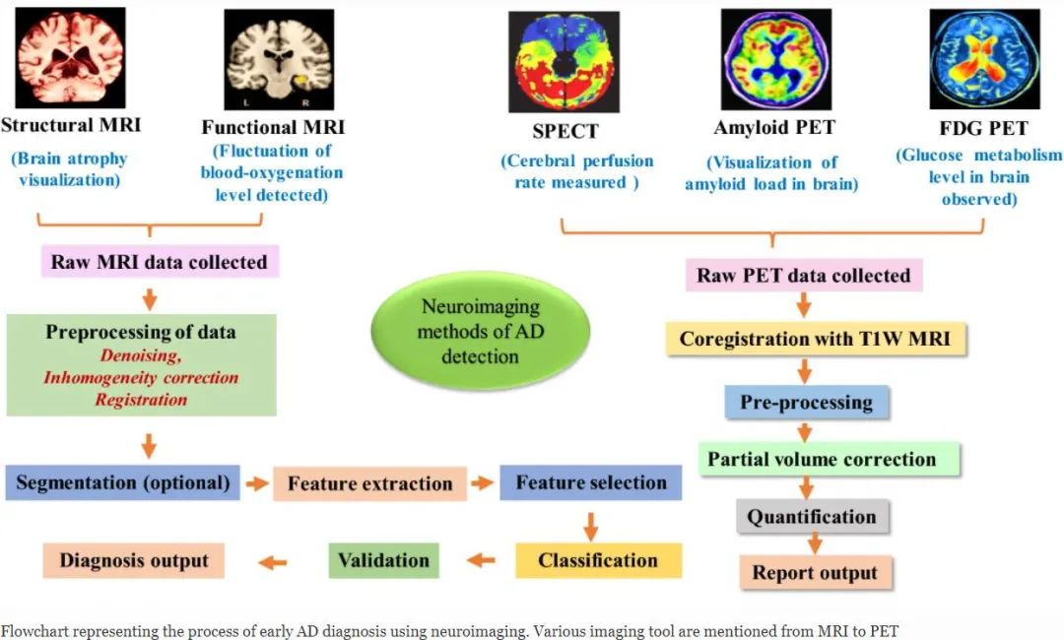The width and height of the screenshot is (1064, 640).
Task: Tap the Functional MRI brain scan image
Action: click(x=279, y=60)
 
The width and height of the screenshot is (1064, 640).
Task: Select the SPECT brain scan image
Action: click(x=564, y=61)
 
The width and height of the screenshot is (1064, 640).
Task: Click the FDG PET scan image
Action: click(x=984, y=59)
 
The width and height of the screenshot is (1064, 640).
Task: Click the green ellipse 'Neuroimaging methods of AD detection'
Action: click(x=480, y=331)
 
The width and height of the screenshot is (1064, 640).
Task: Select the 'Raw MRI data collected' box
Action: click(x=160, y=262)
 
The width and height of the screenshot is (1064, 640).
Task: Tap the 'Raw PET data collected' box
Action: click(x=803, y=275)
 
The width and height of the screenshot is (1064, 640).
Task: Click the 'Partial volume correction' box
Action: click(x=821, y=459)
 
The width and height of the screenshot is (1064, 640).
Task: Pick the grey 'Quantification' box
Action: click(x=811, y=517)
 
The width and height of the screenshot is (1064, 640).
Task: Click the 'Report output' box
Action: click(x=815, y=573)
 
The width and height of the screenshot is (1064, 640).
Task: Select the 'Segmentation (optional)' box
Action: click(x=122, y=482)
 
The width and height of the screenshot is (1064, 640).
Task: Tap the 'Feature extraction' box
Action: click(x=369, y=483)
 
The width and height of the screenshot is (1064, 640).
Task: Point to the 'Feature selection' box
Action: click(x=591, y=482)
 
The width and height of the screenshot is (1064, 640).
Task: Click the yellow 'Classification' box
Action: click(x=598, y=560)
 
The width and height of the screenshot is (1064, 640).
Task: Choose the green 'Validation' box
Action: click(x=383, y=560)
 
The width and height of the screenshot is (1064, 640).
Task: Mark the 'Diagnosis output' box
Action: click(x=134, y=560)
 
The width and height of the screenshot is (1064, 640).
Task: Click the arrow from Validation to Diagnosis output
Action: click(x=273, y=561)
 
